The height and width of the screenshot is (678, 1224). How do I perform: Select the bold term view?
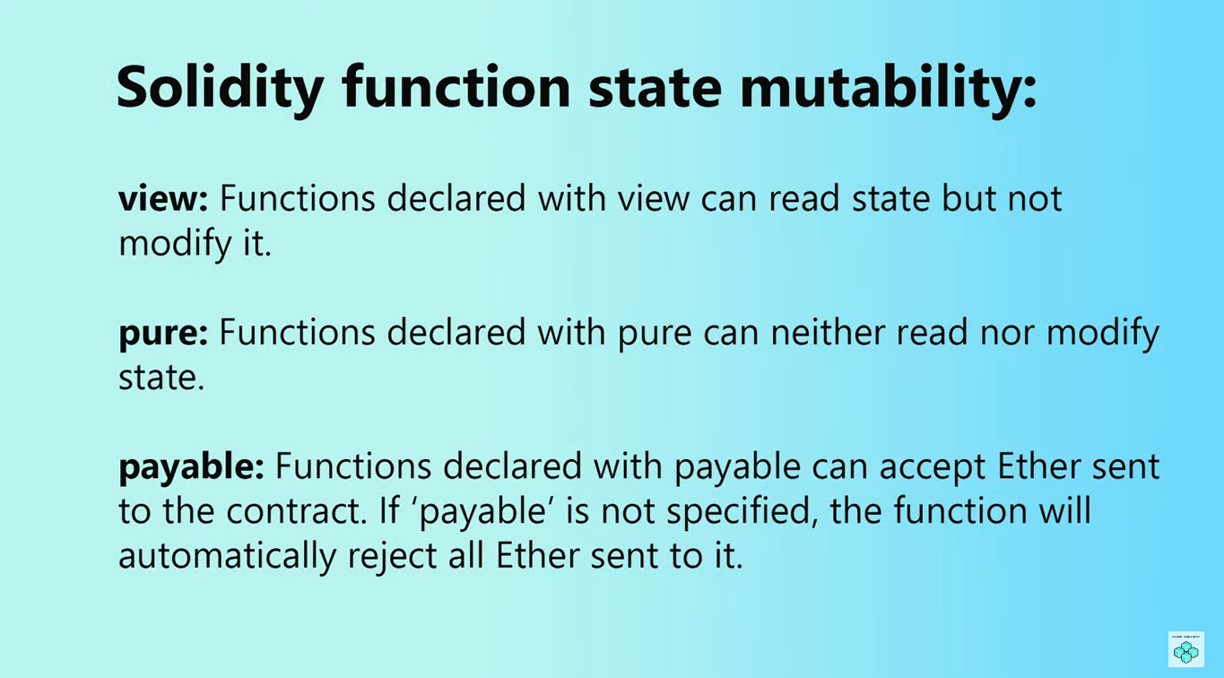[163, 198]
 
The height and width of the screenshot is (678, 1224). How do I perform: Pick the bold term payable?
[191, 467]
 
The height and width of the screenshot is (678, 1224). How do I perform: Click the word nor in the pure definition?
[1007, 334]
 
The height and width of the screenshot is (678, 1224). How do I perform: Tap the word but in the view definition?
[968, 197]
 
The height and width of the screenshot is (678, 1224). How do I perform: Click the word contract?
[296, 512]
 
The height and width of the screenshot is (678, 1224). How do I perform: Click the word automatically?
[228, 557]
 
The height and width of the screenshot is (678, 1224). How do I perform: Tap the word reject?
[393, 557]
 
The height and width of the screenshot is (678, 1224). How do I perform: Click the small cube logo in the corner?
[1185, 649]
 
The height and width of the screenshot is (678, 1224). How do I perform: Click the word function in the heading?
[456, 87]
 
